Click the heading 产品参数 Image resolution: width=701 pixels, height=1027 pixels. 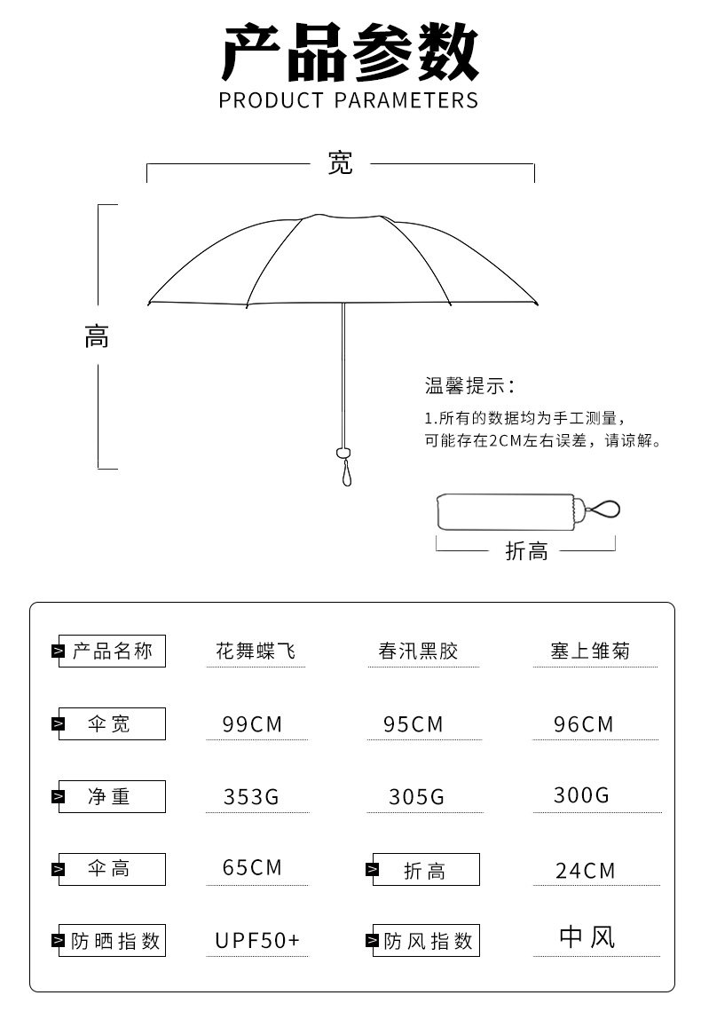(350, 53)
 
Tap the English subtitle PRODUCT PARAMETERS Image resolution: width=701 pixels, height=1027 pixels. (349, 99)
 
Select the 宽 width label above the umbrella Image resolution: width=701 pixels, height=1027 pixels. (341, 163)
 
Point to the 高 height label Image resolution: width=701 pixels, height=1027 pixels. (97, 337)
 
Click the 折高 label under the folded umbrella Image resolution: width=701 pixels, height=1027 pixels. (526, 551)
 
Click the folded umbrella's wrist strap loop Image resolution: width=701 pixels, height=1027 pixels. (605, 510)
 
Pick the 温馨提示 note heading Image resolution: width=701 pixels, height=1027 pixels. (469, 386)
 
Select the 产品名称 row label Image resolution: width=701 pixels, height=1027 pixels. (112, 652)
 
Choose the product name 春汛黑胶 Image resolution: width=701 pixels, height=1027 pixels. (419, 652)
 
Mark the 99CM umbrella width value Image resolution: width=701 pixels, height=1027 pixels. (252, 724)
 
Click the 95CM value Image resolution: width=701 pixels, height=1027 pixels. (414, 724)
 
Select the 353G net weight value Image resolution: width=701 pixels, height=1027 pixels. (251, 797)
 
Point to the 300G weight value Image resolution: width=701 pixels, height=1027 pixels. (582, 795)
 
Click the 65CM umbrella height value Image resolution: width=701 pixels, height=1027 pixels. (252, 867)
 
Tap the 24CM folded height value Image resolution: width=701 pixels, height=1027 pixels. (586, 871)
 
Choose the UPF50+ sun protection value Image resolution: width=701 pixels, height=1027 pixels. (258, 940)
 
